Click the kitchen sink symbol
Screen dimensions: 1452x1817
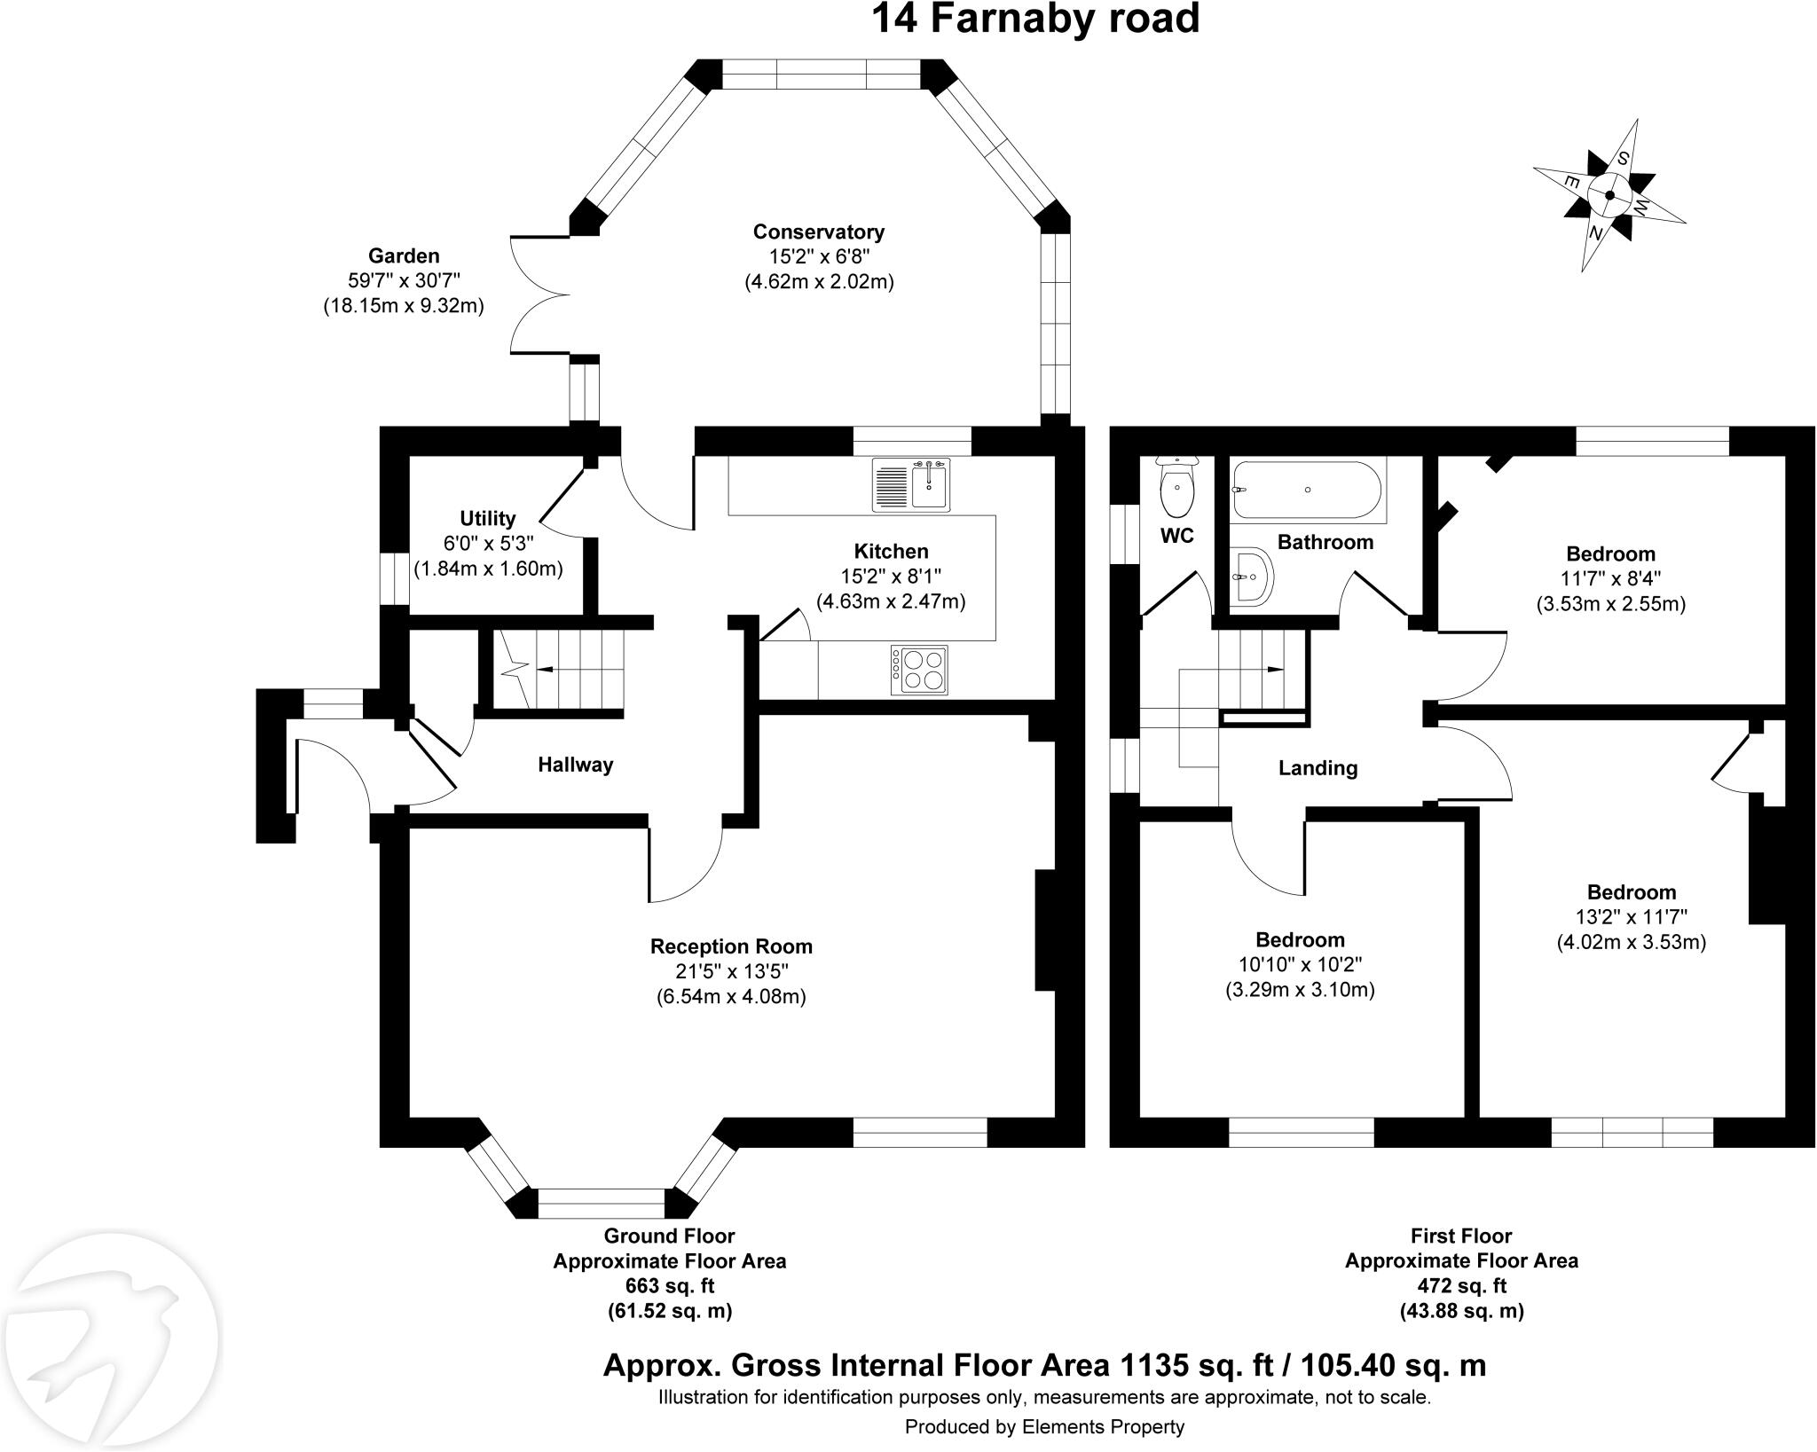911,484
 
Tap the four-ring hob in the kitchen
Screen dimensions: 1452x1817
920,670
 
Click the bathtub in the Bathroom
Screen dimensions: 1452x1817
1306,490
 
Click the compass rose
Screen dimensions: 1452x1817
1609,196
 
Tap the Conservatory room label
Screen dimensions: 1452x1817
818,232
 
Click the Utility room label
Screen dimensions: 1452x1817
487,519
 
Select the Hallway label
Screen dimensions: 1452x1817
575,765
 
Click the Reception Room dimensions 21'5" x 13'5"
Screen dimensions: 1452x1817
731,972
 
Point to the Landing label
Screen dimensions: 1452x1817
1318,768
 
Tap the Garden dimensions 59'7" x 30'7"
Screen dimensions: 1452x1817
404,281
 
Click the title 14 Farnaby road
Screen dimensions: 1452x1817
1034,20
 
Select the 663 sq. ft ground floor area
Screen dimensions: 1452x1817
669,1286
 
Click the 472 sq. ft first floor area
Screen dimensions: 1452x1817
1461,1286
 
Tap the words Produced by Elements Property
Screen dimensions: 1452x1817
1044,1427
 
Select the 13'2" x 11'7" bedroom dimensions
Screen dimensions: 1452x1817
1631,917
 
